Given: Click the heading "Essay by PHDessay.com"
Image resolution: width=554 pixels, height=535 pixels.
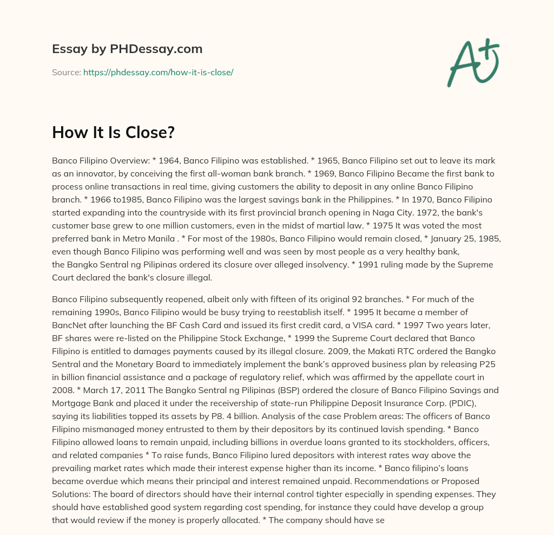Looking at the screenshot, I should pyautogui.click(x=127, y=49).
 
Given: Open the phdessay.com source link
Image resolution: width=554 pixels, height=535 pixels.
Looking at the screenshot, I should pyautogui.click(x=158, y=72).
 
